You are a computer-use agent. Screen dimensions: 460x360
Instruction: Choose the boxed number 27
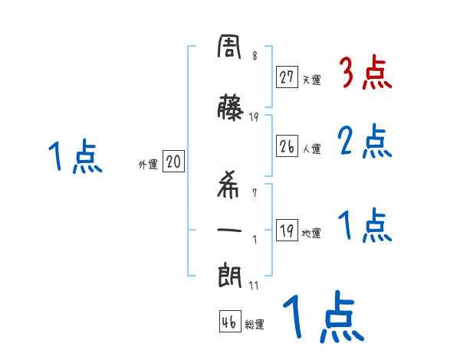(287, 77)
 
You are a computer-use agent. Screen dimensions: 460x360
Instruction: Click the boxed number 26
(287, 147)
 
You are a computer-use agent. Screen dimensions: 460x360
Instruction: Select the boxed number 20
(173, 162)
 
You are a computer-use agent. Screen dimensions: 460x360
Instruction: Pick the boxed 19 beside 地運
(287, 231)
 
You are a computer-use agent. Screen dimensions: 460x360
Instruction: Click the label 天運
(312, 79)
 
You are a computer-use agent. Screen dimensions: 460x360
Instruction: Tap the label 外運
(147, 164)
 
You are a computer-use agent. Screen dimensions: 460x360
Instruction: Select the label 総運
(255, 325)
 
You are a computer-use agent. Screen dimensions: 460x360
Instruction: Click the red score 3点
(365, 74)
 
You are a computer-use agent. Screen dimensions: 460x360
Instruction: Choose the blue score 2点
(365, 141)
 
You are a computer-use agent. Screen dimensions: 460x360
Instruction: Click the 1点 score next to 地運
(365, 225)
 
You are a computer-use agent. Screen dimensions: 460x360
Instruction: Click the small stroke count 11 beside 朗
(255, 286)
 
